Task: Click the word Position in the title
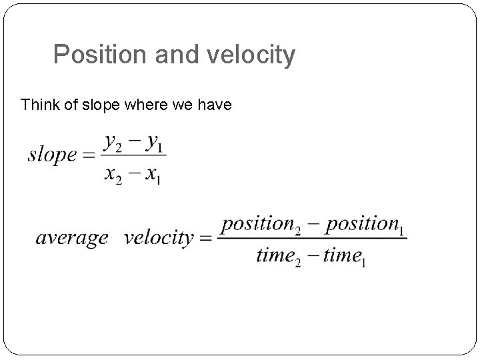pos(101,55)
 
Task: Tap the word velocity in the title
pos(250,55)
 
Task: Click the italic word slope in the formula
pos(52,155)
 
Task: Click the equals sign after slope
pos(89,156)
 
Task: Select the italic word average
pos(71,238)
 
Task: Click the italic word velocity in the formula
pos(158,238)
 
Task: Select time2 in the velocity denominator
pos(279,257)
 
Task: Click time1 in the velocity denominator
pos(344,257)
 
